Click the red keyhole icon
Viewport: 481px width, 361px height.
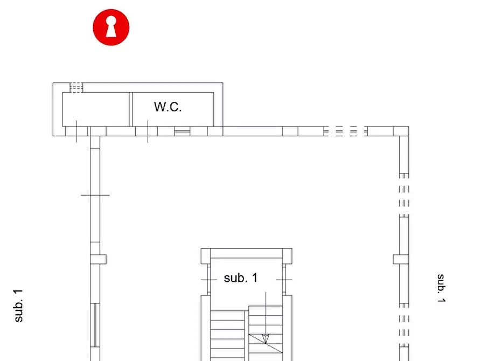tap(111, 27)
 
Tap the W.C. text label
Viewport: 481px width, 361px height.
tap(168, 107)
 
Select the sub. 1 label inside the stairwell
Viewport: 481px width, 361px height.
tap(240, 278)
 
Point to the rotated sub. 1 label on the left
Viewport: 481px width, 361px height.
tap(18, 306)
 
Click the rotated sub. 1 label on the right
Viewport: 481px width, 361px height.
tap(441, 288)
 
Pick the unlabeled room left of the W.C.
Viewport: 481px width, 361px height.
tap(96, 109)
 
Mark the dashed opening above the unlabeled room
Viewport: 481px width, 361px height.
tap(76, 87)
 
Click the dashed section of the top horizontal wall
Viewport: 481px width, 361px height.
tap(346, 131)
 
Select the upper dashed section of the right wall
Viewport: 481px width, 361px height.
tap(404, 195)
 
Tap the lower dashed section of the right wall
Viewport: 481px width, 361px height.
tap(404, 325)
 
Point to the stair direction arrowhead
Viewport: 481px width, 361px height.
tap(266, 339)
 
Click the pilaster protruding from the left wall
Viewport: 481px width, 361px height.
tap(98, 259)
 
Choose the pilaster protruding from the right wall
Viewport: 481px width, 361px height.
tap(401, 259)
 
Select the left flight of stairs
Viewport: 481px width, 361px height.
tap(227, 336)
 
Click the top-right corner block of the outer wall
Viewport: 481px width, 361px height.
tap(401, 131)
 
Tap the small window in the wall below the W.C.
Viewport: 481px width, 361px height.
tap(182, 131)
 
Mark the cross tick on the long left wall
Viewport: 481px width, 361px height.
tap(95, 195)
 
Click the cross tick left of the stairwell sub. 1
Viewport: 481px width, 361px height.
tap(209, 280)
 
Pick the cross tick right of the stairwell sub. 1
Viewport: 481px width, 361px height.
tap(284, 280)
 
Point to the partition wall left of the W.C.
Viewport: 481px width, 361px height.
tap(131, 109)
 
